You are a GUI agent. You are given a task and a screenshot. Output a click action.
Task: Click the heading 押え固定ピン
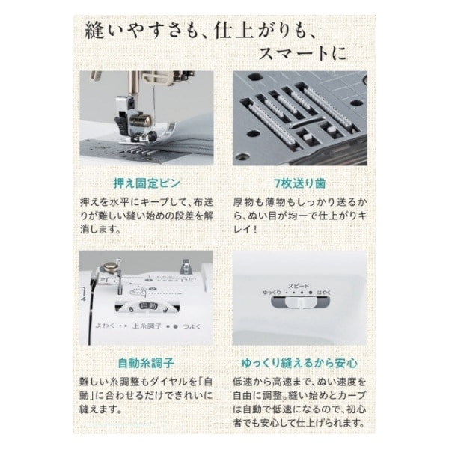(147, 183)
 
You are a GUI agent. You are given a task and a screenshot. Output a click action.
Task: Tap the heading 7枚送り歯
(300, 183)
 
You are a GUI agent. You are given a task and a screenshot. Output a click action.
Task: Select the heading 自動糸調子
(146, 363)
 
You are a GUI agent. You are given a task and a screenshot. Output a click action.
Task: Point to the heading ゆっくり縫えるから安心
(299, 363)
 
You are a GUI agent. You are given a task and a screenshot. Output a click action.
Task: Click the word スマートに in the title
(302, 54)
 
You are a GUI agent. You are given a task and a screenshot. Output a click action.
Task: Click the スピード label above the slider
(299, 286)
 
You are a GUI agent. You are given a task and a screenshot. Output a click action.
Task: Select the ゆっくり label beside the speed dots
(272, 293)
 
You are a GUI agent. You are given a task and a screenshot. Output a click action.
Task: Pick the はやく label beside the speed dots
(324, 293)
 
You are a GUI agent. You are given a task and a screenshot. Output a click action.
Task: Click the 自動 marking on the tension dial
(148, 306)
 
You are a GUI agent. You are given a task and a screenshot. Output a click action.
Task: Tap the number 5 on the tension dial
(131, 310)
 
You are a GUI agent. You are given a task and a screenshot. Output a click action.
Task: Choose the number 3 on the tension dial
(165, 310)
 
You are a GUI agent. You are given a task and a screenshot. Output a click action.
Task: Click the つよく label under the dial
(192, 326)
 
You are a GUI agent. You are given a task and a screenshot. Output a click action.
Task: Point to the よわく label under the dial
(105, 326)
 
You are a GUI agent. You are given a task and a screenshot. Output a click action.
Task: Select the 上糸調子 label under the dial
(147, 326)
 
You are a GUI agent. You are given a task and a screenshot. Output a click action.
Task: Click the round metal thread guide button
(109, 267)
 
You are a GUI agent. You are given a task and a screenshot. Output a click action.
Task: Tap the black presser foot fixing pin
(120, 125)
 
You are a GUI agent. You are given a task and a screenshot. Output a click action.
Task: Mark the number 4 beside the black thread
(83, 299)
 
